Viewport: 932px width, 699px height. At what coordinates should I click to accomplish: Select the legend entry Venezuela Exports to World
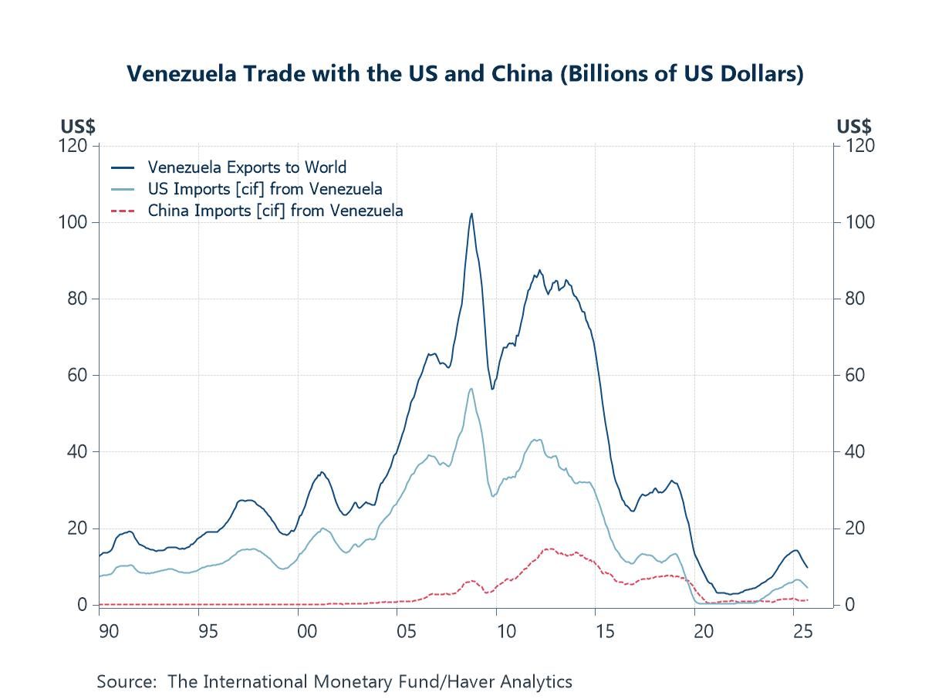click(x=247, y=167)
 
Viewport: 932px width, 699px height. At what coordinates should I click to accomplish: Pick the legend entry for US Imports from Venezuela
click(x=265, y=188)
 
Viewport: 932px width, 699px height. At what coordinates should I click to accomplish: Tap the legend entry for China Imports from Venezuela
click(x=275, y=210)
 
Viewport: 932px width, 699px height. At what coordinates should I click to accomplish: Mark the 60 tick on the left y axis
click(x=79, y=375)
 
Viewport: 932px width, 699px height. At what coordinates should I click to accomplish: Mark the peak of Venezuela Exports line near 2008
click(x=471, y=214)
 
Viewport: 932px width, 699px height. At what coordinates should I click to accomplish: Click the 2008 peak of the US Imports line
click(x=471, y=388)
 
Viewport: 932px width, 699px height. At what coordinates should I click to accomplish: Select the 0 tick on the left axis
click(x=83, y=605)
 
